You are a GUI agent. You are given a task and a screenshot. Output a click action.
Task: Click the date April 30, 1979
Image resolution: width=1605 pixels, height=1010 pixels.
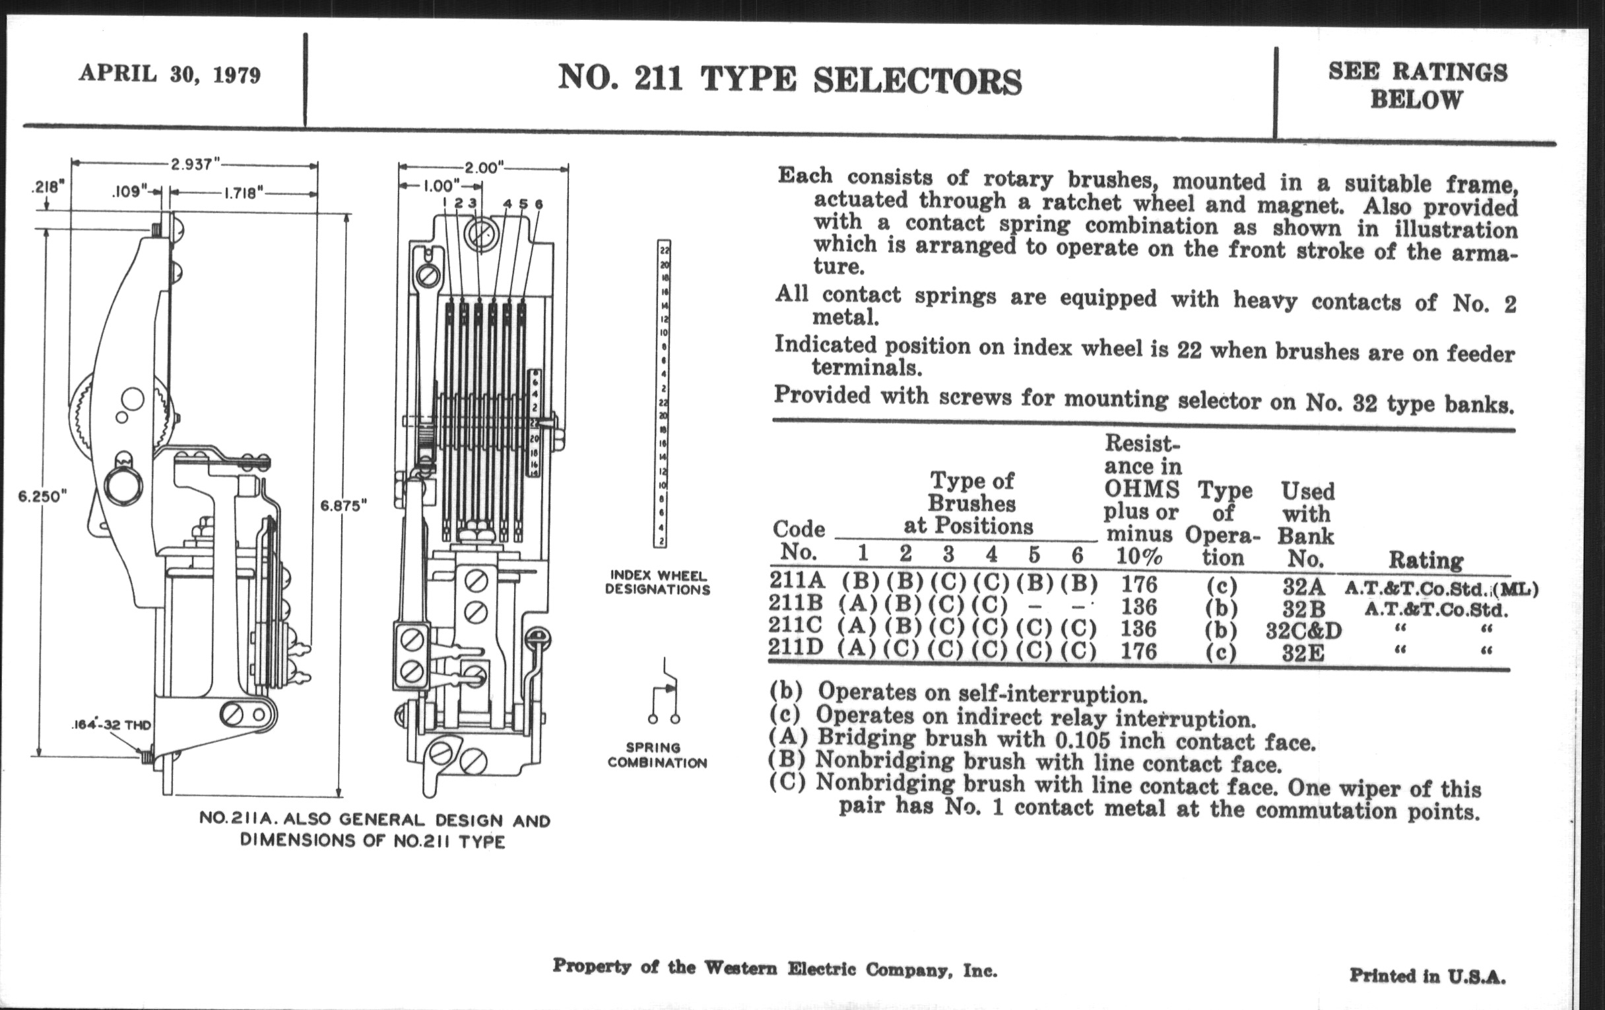click(x=170, y=74)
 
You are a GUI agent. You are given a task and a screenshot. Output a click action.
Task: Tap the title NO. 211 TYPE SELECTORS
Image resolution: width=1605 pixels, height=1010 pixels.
click(x=789, y=79)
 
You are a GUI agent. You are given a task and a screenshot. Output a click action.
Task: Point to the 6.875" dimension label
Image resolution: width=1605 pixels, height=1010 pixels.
click(x=344, y=506)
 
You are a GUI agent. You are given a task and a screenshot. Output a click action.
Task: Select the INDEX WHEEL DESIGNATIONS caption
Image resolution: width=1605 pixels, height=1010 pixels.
click(x=657, y=583)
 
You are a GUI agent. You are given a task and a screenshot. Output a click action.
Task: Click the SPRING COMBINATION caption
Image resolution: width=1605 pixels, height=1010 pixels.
click(x=657, y=755)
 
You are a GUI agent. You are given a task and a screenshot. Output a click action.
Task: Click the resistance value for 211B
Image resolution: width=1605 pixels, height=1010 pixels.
click(x=1138, y=607)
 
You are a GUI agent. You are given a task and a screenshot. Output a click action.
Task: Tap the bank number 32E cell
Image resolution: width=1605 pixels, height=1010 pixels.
click(x=1303, y=653)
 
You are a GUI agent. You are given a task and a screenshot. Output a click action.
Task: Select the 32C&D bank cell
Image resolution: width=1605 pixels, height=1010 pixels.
click(x=1303, y=630)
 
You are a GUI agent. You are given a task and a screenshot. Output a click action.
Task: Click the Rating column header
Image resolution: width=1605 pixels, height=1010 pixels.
click(x=1425, y=560)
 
